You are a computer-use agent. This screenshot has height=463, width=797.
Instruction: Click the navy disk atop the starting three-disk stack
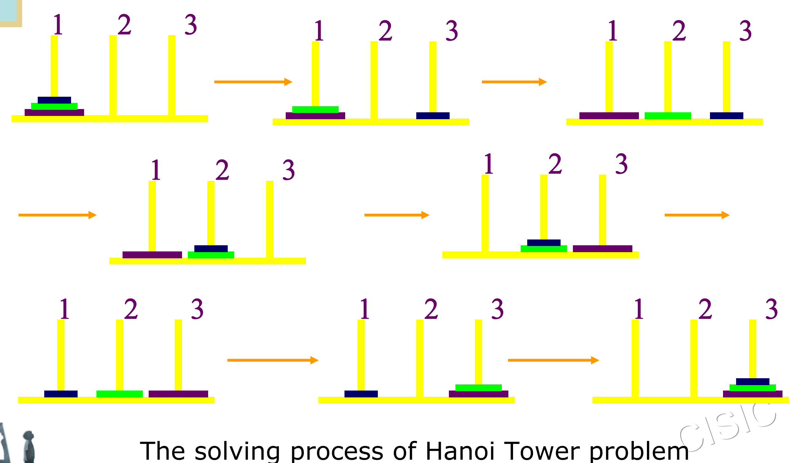tap(54, 100)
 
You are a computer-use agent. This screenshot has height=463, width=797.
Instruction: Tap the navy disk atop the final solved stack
tap(752, 381)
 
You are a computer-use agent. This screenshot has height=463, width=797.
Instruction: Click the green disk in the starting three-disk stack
tap(54, 106)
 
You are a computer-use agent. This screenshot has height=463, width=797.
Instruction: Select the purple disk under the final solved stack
tap(752, 394)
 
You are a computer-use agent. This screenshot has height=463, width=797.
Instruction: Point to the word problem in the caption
tap(639, 451)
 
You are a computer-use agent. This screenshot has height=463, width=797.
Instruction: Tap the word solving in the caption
tap(237, 451)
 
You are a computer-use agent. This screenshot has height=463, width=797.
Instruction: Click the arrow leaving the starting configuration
tap(253, 82)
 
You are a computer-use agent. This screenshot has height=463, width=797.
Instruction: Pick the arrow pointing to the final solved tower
tap(553, 360)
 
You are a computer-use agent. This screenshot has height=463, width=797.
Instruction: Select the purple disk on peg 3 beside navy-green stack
tap(602, 249)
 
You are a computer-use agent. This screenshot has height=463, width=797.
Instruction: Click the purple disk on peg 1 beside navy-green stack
tap(152, 255)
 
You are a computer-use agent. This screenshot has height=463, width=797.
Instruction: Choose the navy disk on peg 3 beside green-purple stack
tap(433, 116)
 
